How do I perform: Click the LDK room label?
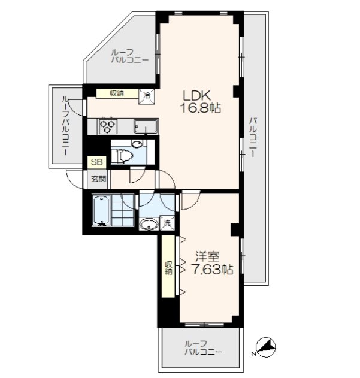(197, 95)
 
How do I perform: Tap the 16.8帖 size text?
(201, 108)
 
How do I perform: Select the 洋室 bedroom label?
(207, 256)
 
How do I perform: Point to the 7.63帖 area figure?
(212, 269)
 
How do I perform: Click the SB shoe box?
(96, 162)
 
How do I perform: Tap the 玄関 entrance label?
(98, 179)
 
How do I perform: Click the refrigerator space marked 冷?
(146, 96)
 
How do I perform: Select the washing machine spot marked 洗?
(167, 223)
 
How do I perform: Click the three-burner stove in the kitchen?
(107, 126)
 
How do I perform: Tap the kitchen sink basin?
(146, 126)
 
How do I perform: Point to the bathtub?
(101, 210)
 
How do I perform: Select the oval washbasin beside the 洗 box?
(149, 224)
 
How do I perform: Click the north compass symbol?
(265, 346)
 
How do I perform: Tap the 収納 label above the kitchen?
(117, 93)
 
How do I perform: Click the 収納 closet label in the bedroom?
(168, 268)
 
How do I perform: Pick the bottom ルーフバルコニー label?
(203, 347)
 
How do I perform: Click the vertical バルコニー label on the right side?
(253, 137)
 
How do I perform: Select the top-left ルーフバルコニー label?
(129, 56)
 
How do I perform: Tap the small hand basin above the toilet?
(137, 144)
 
